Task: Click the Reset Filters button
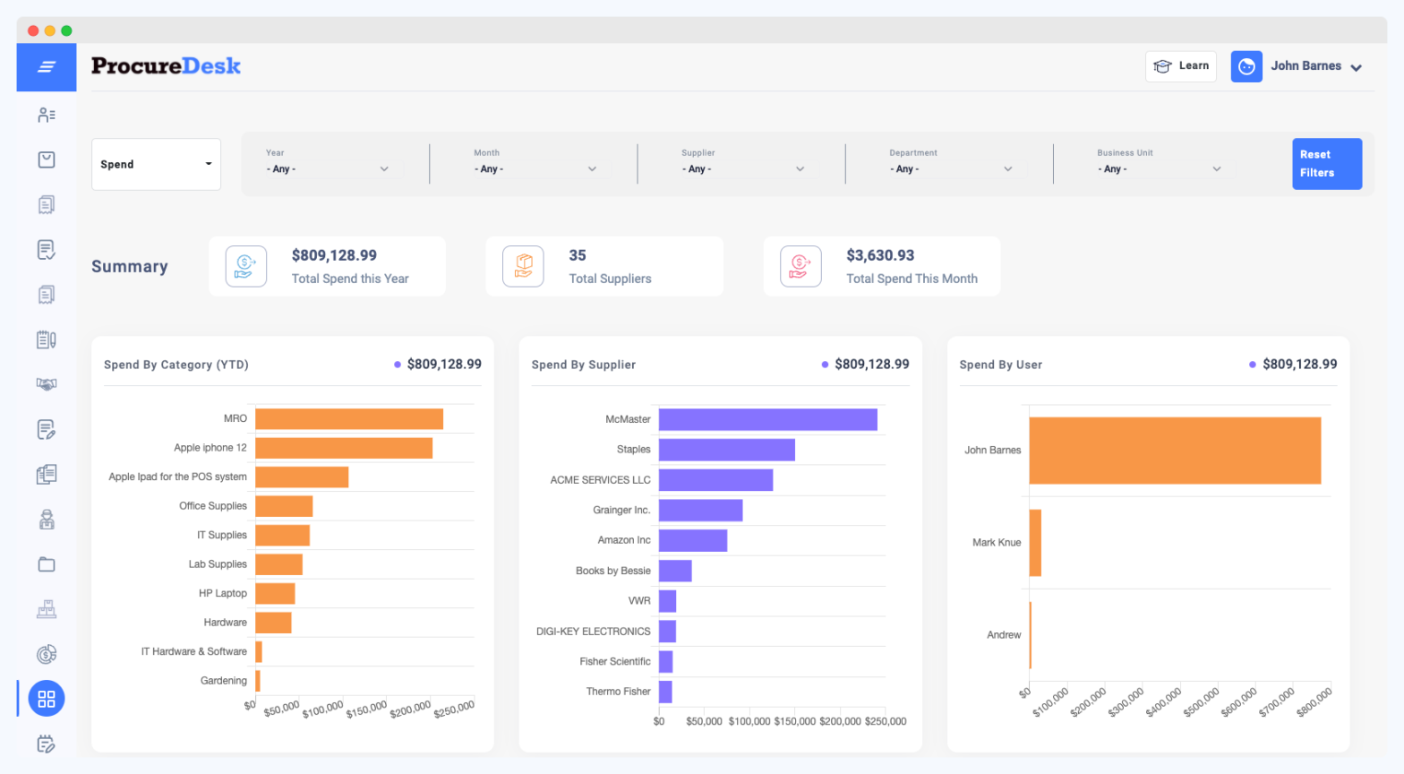[x=1326, y=163]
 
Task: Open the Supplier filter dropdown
[x=743, y=168]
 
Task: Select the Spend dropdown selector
[x=156, y=164]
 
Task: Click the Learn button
[x=1180, y=66]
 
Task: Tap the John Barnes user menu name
[x=1306, y=66]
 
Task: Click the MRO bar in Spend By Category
[x=349, y=419]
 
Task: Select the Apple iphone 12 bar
[x=344, y=448]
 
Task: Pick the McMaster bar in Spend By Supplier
[x=767, y=419]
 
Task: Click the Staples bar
[x=726, y=450]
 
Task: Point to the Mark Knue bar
[x=1035, y=543]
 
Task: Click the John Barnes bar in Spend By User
[x=1175, y=451]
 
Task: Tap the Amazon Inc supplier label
[x=624, y=540]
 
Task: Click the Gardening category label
[x=223, y=681]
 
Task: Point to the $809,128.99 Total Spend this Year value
[x=334, y=255]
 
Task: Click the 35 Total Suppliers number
[x=578, y=255]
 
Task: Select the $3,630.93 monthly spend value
[x=880, y=255]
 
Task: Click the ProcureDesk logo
[x=166, y=66]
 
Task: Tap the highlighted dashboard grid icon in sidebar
[x=47, y=699]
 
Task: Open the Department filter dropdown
[x=951, y=168]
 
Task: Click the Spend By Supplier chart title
[x=583, y=365]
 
